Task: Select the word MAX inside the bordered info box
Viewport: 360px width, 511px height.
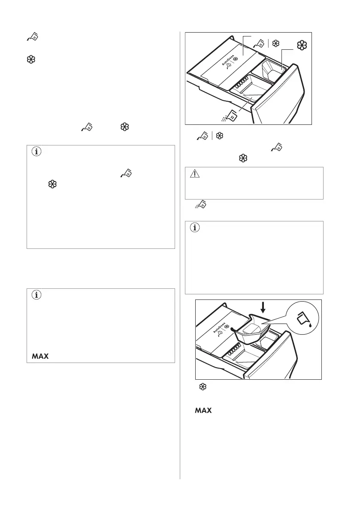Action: (x=39, y=356)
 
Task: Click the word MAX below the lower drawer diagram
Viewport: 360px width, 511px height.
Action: (x=203, y=411)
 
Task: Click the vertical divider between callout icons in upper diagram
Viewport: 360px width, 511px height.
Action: (x=268, y=43)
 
